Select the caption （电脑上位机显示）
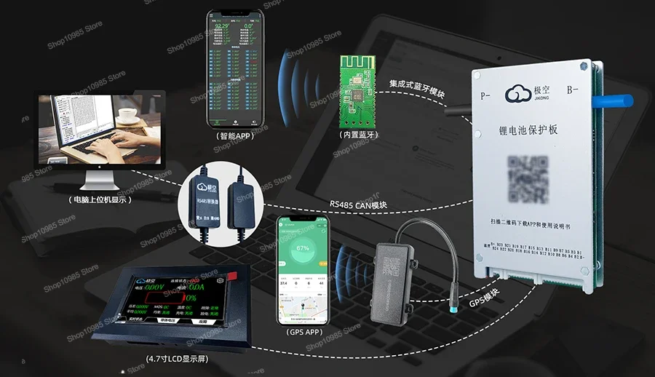click(x=100, y=199)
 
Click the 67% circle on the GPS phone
click(x=302, y=248)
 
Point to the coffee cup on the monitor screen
click(x=129, y=114)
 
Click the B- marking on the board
click(x=573, y=90)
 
